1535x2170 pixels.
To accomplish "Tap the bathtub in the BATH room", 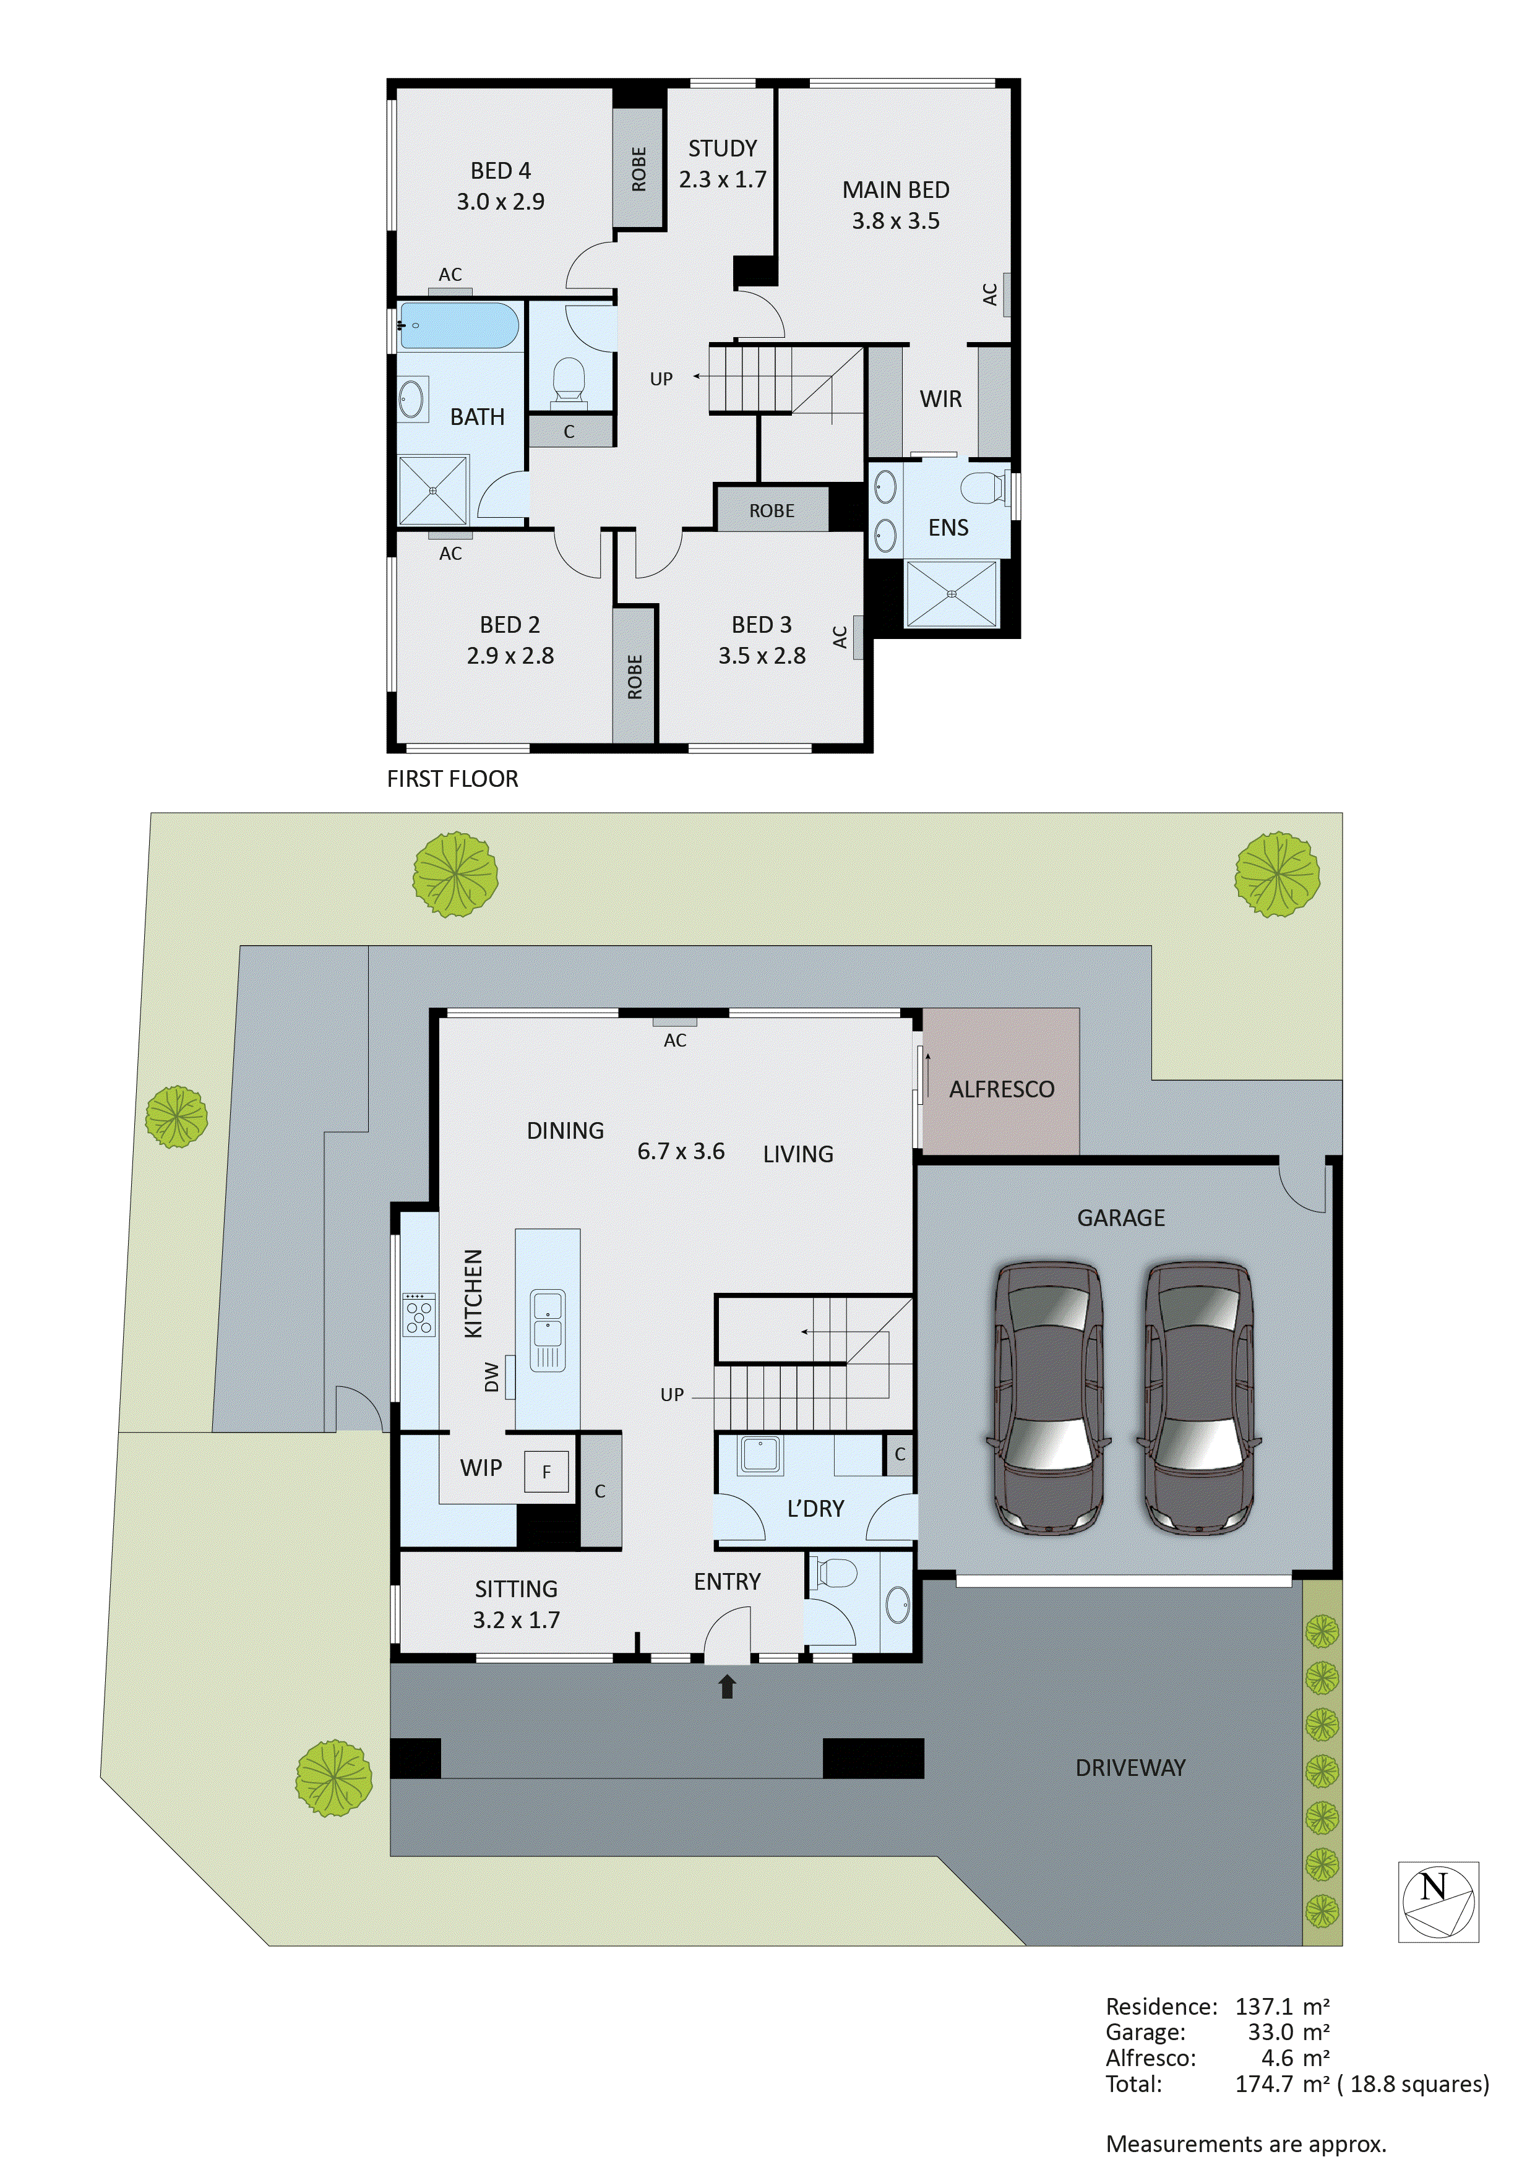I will coord(457,326).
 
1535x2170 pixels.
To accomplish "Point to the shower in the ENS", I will coord(951,594).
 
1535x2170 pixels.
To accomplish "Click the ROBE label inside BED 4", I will coord(639,169).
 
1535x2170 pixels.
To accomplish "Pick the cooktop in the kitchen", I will coord(419,1314).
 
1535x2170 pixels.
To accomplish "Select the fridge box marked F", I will coord(546,1472).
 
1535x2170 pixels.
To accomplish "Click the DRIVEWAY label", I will coord(1130,1767).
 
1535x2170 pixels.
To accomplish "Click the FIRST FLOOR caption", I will coord(453,779).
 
